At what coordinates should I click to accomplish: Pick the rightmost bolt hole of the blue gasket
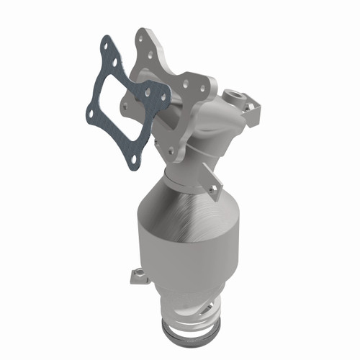pyautogui.click(x=148, y=93)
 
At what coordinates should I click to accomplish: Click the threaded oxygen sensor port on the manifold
pyautogui.click(x=236, y=94)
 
